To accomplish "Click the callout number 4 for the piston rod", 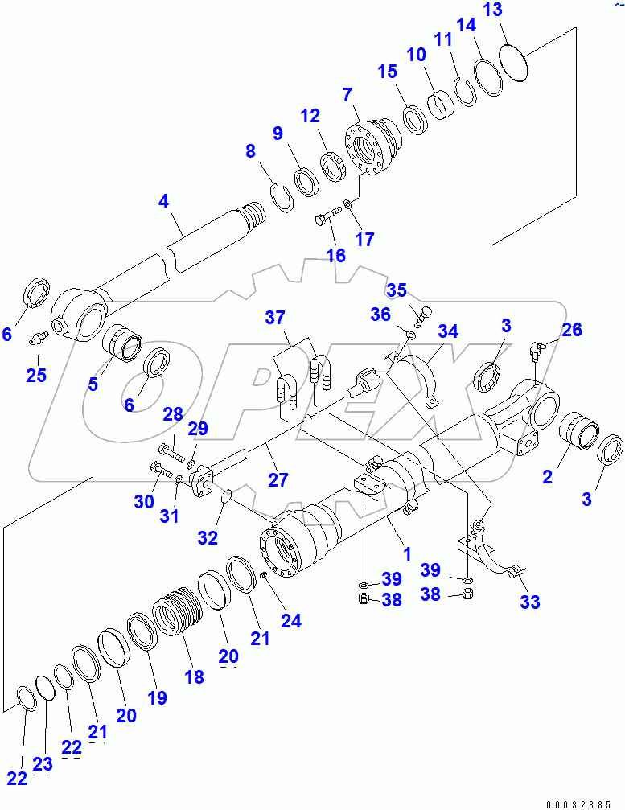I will pos(164,201).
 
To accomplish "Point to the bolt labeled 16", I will pos(325,216).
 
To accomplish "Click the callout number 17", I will pos(365,239).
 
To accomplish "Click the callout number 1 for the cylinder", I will pos(407,553).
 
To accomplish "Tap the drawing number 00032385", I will pos(579,804).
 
